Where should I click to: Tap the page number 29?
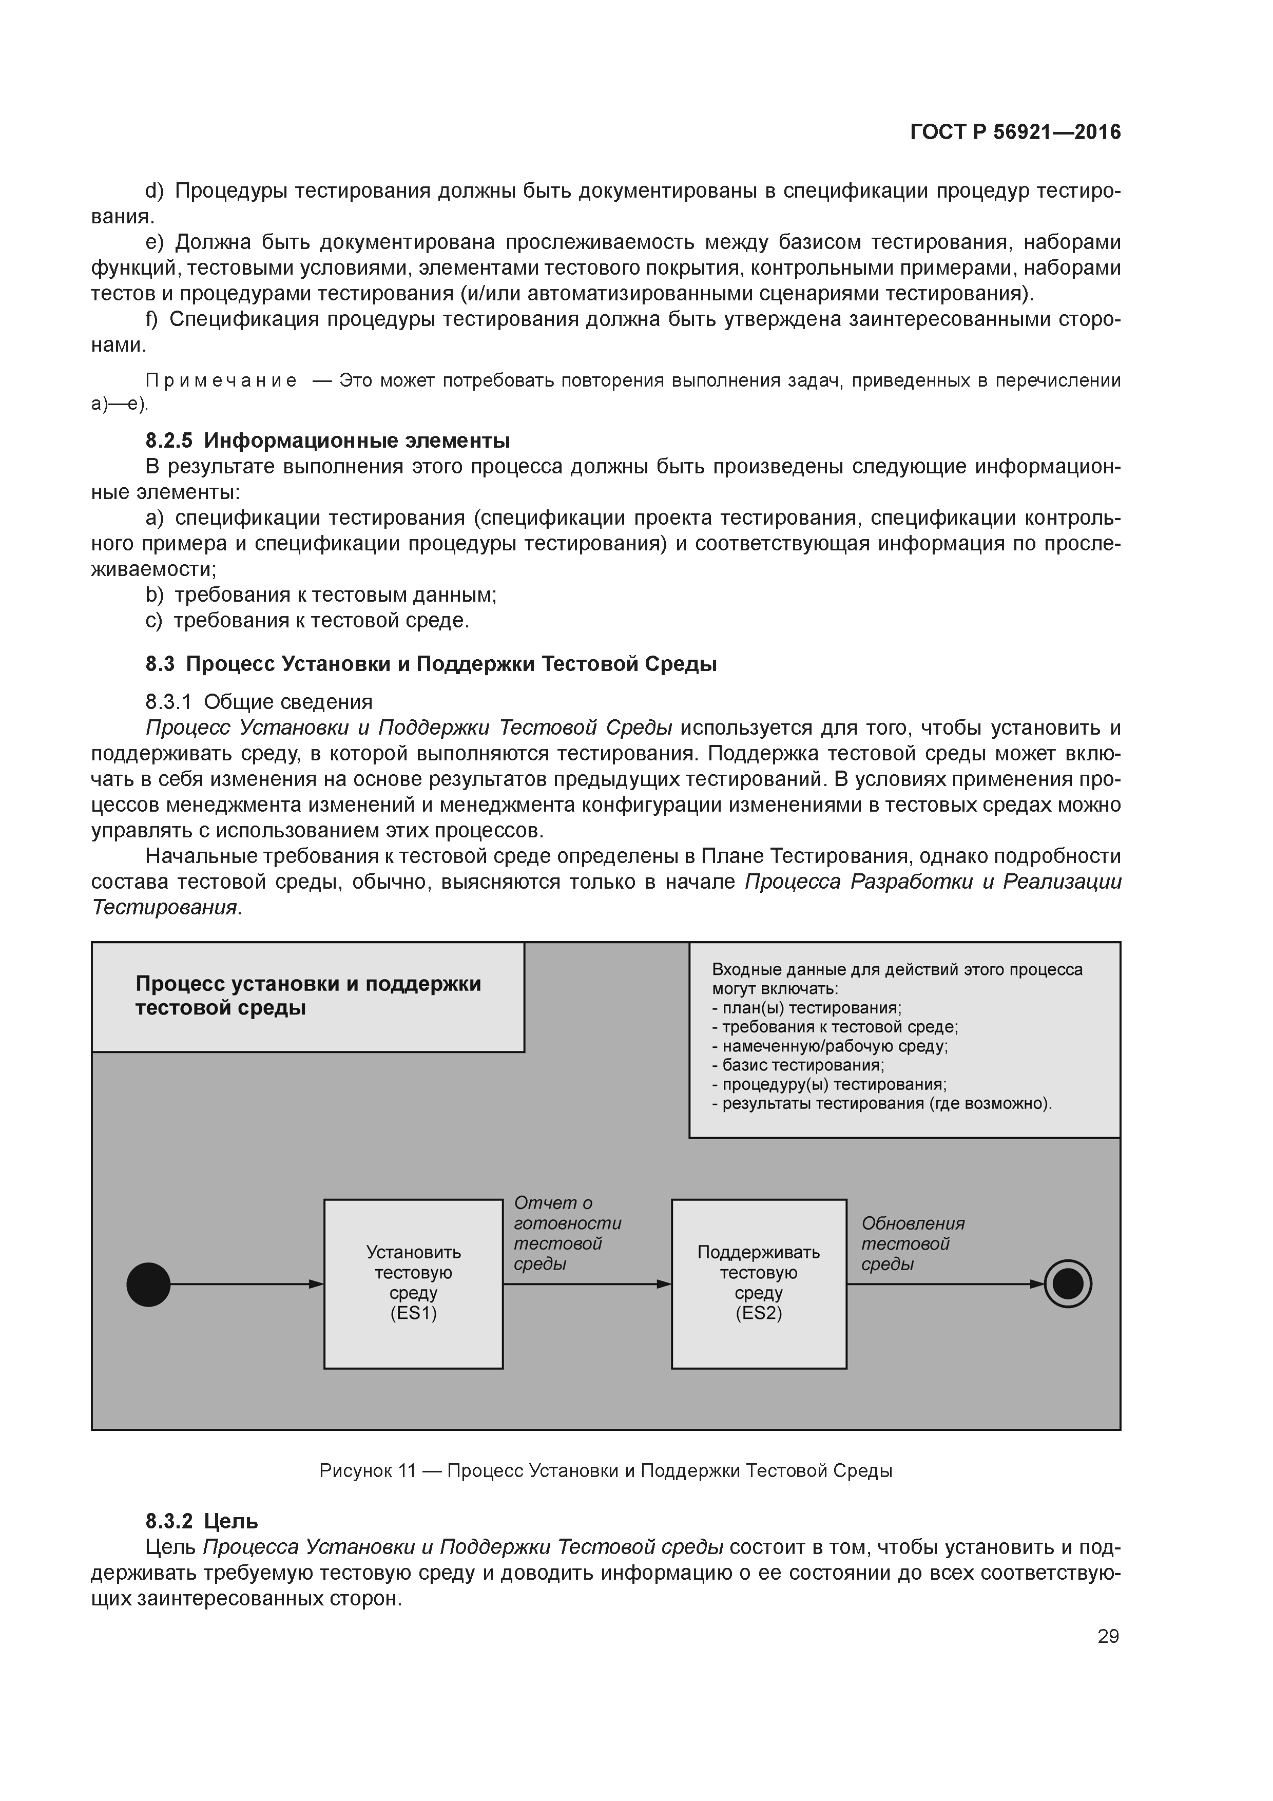(x=1108, y=1636)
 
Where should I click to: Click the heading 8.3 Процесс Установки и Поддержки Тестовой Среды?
(x=431, y=664)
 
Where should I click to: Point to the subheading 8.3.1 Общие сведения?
(x=259, y=701)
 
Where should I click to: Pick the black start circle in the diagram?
(x=148, y=1284)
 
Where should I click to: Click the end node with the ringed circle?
(x=1068, y=1283)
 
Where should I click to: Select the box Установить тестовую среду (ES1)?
(x=413, y=1283)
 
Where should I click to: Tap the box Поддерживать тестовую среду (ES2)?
(x=759, y=1283)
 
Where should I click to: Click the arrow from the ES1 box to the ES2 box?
(x=587, y=1284)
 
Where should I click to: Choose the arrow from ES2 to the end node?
(x=945, y=1284)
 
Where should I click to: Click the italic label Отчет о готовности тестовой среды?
(x=566, y=1233)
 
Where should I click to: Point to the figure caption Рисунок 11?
(x=606, y=1471)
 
